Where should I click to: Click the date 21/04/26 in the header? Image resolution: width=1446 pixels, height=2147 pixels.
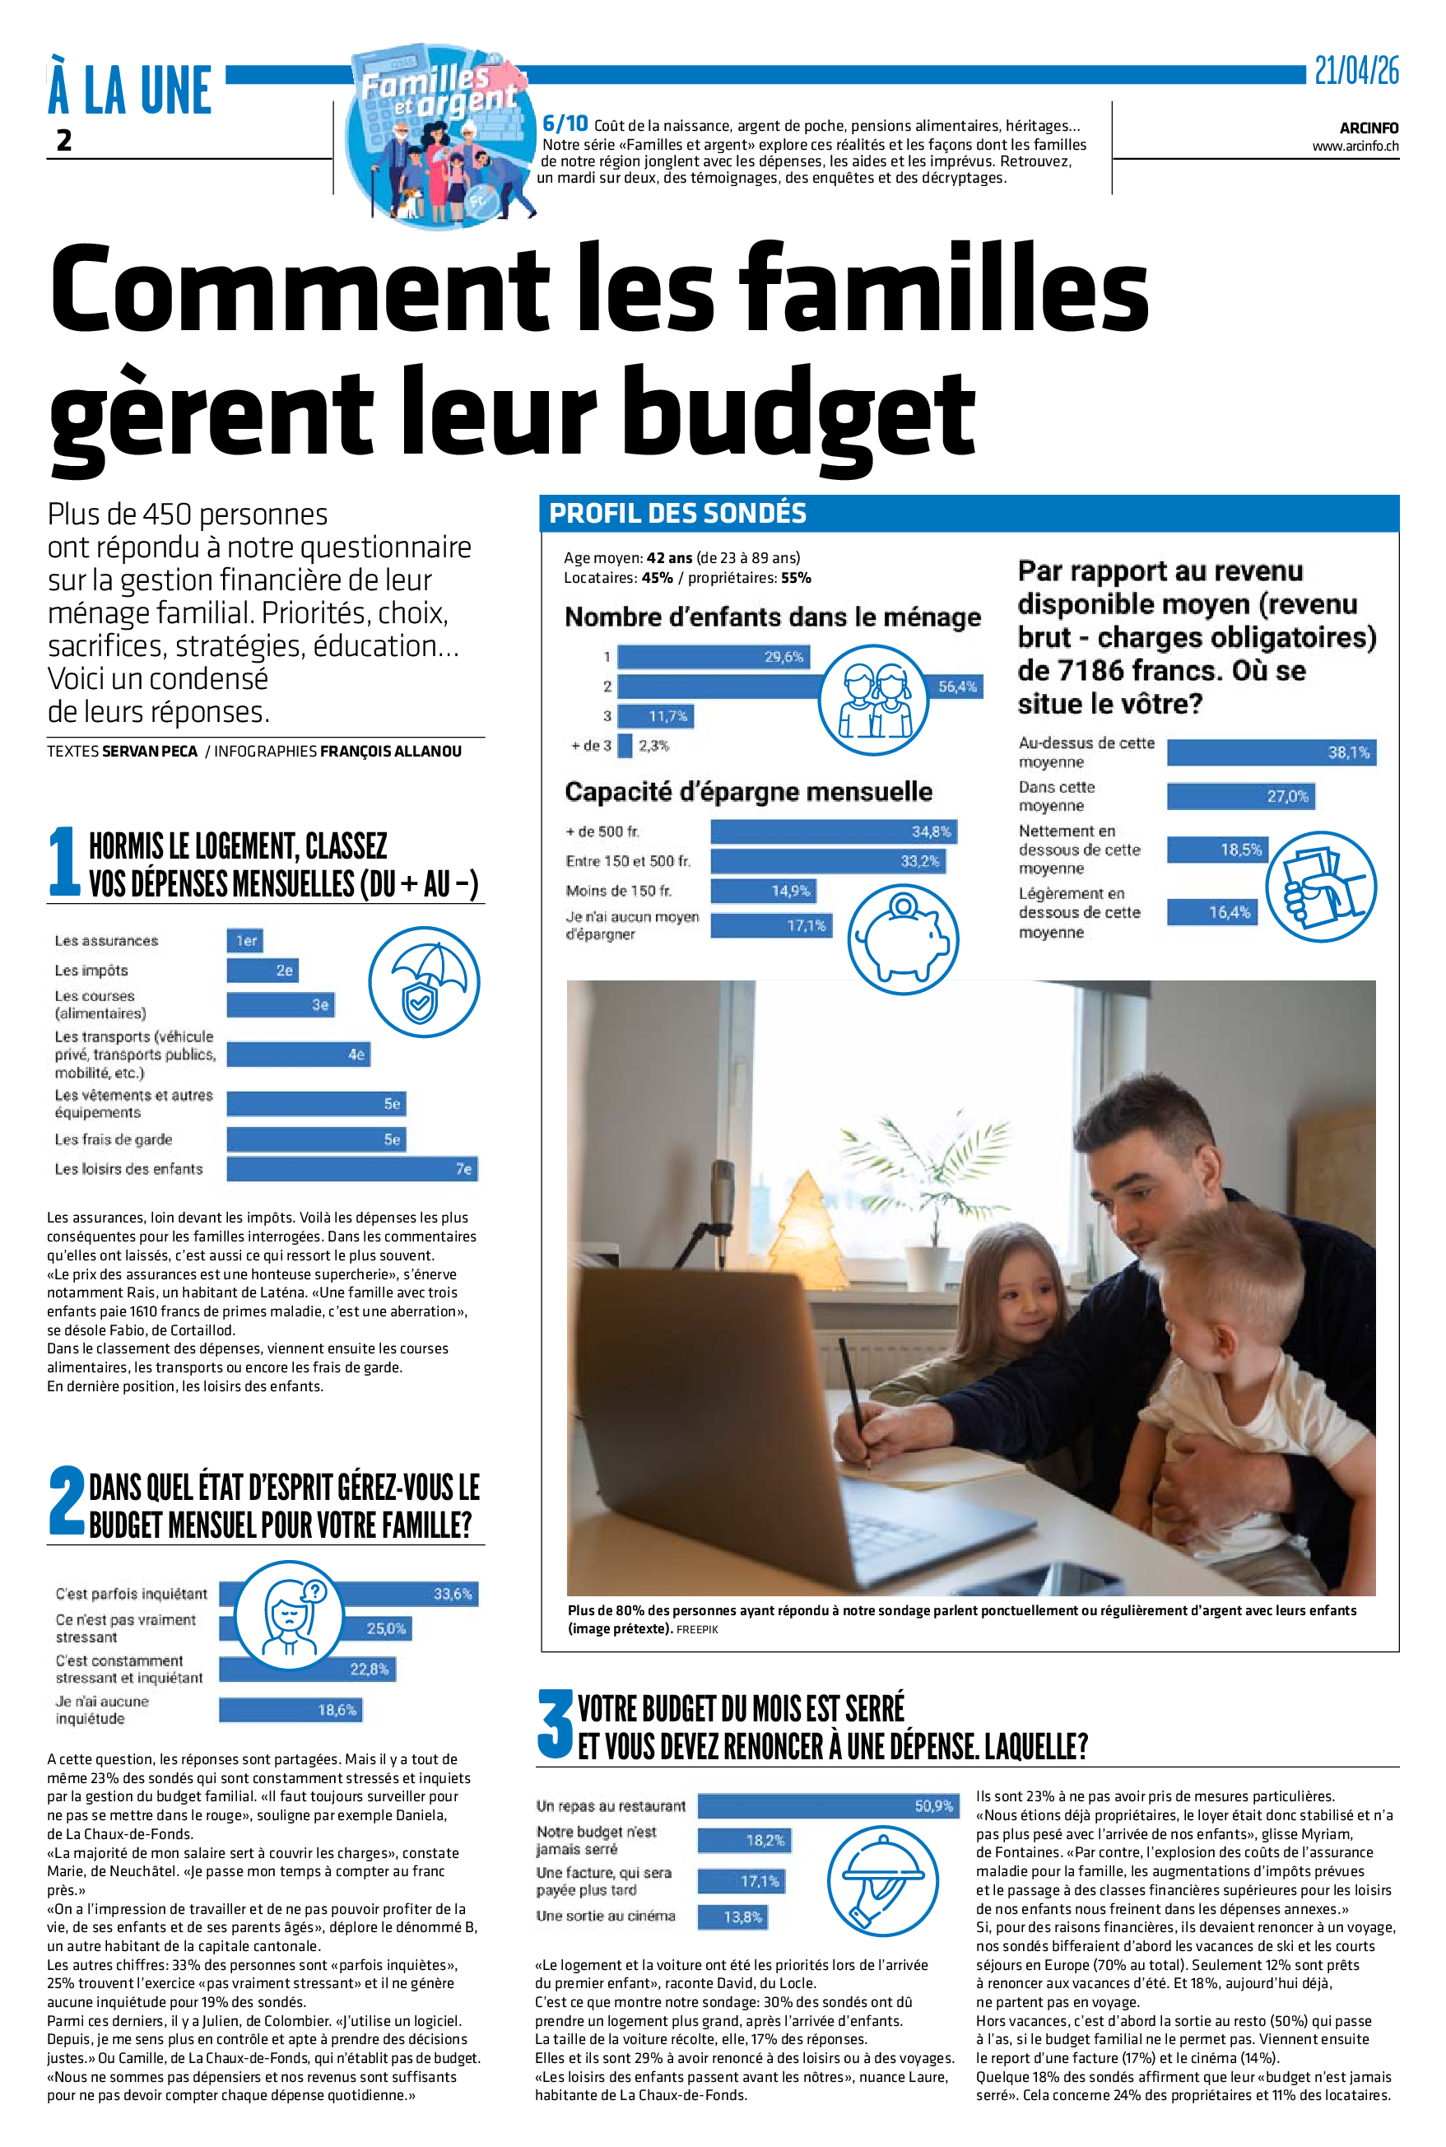click(1355, 71)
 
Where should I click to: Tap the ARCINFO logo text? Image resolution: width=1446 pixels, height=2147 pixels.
click(1369, 128)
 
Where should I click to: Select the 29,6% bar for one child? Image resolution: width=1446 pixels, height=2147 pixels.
click(713, 657)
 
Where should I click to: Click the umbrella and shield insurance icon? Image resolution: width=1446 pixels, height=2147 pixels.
click(423, 982)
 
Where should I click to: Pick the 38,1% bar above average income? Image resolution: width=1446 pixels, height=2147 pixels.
click(1271, 752)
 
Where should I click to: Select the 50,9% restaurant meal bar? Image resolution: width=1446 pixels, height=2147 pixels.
click(826, 1805)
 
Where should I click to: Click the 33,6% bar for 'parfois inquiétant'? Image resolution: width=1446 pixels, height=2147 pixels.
click(406, 1594)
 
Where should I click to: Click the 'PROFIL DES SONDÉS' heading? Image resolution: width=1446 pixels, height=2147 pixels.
click(678, 514)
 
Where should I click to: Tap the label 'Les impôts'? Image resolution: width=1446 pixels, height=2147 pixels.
click(91, 971)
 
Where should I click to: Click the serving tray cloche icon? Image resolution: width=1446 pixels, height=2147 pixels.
click(881, 1880)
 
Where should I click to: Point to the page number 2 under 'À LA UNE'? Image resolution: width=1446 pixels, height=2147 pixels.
click(63, 140)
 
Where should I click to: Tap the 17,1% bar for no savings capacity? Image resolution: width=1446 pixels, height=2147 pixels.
click(771, 925)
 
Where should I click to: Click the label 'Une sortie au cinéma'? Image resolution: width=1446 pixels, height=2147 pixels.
click(605, 1916)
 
